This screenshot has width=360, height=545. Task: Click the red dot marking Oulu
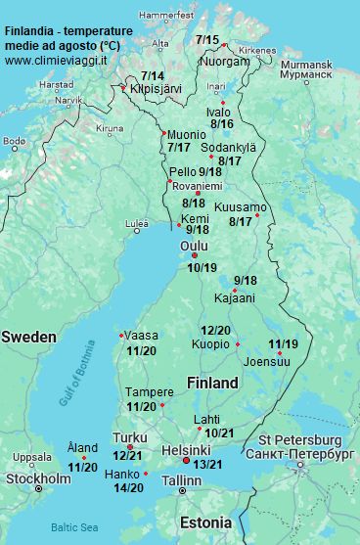point(195,256)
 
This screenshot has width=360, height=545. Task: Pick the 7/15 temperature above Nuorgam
point(207,40)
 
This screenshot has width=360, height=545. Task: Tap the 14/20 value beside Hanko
point(129,487)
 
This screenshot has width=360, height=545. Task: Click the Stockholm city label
point(38,478)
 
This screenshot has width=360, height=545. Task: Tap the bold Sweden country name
point(28,337)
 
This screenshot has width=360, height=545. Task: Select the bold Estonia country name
point(206,522)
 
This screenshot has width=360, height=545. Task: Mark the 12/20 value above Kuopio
point(215,330)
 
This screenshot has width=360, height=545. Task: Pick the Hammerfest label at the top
point(166,17)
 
